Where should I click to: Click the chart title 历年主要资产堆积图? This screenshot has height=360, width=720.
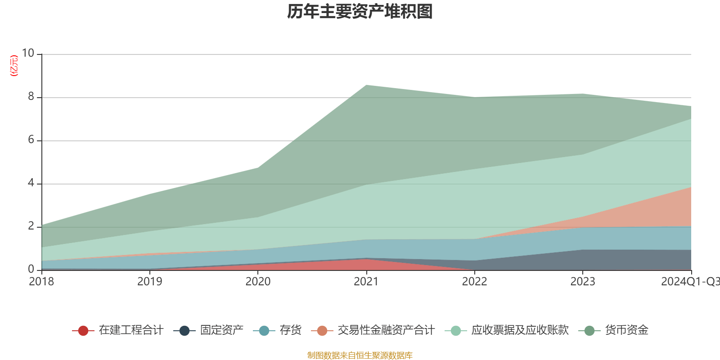360,12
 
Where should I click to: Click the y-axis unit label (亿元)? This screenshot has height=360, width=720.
14,66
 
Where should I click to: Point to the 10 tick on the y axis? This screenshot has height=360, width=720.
28,54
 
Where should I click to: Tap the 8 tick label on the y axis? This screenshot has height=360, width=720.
31,97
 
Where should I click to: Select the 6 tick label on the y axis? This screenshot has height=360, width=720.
31,140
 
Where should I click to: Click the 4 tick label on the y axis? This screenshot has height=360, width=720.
31,183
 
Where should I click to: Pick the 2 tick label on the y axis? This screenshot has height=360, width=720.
31,226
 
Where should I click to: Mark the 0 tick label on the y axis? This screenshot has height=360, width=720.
31,270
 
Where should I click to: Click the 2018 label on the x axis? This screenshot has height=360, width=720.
41,282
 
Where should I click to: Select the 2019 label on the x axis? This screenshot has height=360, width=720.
149,282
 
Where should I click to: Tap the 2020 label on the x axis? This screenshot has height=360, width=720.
258,282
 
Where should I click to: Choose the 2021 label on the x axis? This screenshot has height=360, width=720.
366,282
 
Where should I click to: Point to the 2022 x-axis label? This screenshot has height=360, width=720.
474,282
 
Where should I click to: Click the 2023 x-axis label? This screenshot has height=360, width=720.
583,282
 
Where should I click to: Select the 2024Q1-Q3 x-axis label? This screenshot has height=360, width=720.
690,282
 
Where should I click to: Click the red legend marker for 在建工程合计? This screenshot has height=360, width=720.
83,331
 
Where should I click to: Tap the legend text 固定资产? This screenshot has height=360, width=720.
222,330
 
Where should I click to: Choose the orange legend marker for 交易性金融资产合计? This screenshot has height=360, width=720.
322,331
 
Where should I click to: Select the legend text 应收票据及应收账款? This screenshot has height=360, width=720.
520,330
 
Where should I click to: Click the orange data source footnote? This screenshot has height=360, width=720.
360,355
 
